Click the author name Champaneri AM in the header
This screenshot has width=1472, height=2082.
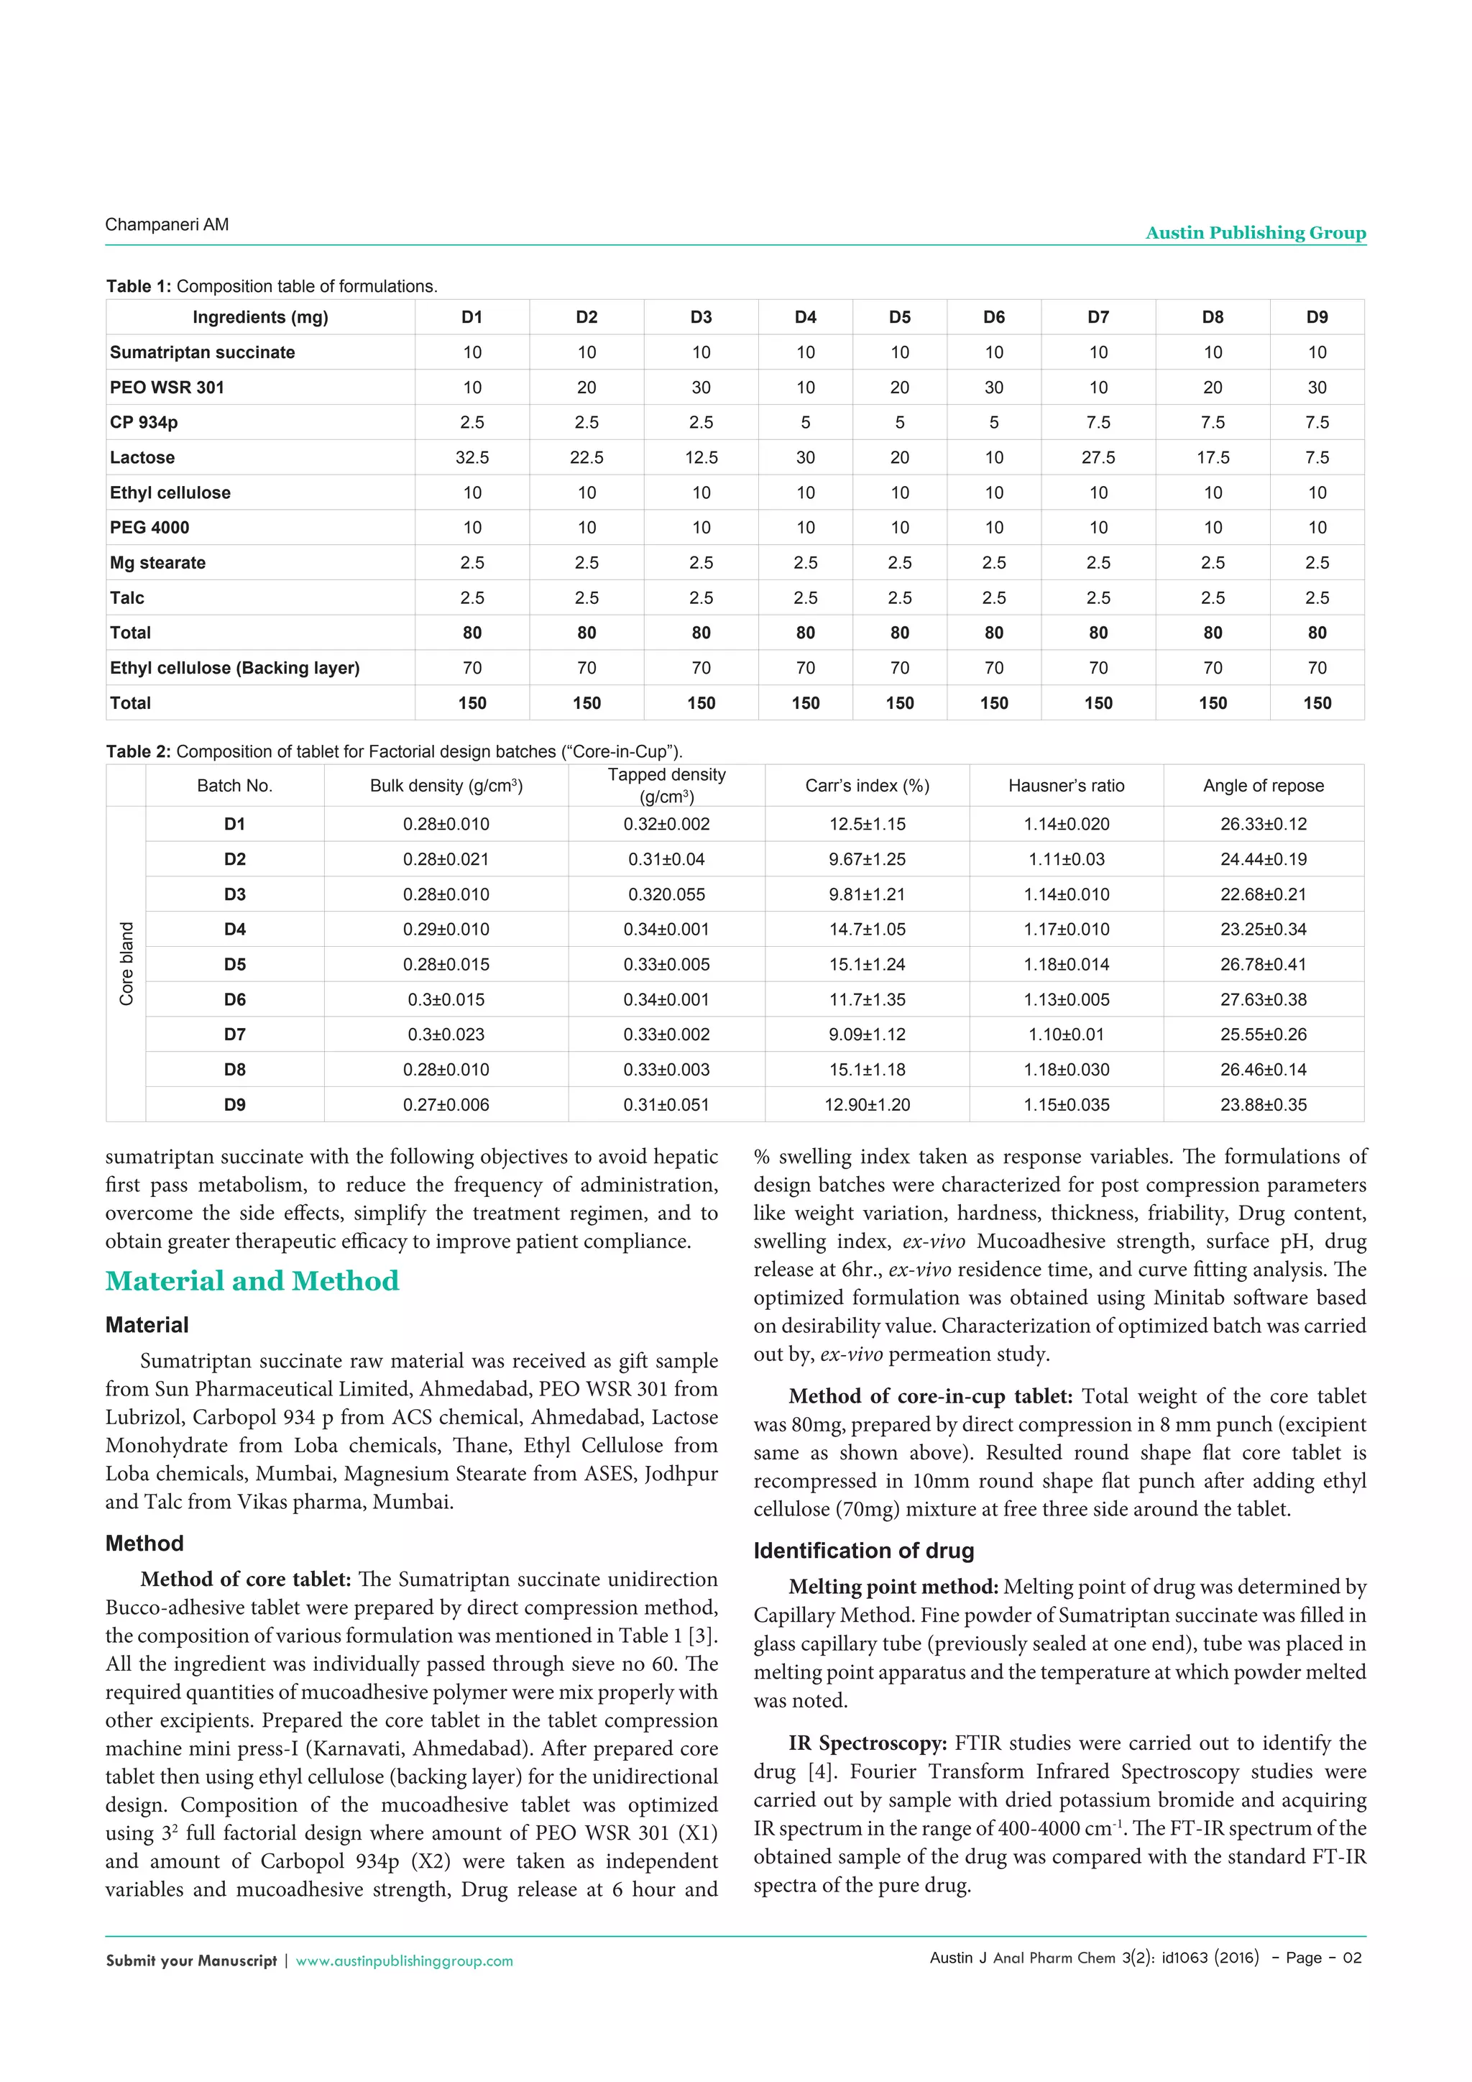(x=167, y=225)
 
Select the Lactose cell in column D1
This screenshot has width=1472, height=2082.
(x=471, y=458)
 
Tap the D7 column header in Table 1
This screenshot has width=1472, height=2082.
(x=1098, y=317)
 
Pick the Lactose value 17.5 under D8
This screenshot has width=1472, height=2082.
(x=1212, y=458)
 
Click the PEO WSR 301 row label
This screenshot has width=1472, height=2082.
(x=167, y=387)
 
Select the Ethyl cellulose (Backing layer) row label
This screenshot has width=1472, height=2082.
(x=235, y=669)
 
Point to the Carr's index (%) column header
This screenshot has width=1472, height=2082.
(x=867, y=787)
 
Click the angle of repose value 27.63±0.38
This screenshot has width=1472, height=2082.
(x=1263, y=999)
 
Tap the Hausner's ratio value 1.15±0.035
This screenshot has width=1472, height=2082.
(x=1066, y=1104)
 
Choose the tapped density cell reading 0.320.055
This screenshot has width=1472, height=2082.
(x=666, y=894)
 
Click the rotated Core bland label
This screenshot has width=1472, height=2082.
(x=126, y=964)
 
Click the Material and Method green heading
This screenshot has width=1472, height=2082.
(x=252, y=1280)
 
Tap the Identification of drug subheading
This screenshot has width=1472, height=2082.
(x=863, y=1551)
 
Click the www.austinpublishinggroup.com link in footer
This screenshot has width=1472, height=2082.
(x=404, y=1961)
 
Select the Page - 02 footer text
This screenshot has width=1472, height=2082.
(x=1323, y=1958)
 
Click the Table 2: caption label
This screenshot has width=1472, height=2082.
(x=138, y=752)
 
